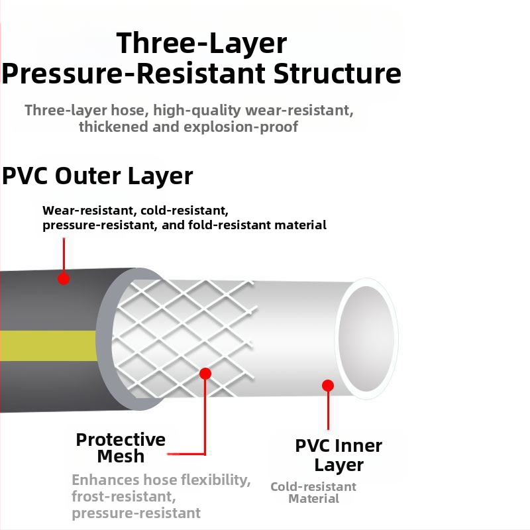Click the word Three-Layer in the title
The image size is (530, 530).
click(x=201, y=43)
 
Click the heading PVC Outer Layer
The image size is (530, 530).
click(x=97, y=176)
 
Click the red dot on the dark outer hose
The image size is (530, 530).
click(x=64, y=279)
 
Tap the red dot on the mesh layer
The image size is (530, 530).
click(x=205, y=374)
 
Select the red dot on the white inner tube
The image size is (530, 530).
click(x=328, y=385)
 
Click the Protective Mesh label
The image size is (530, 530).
click(x=121, y=448)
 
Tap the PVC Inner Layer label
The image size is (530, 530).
click(x=339, y=454)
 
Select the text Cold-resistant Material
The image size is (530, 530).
click(x=313, y=492)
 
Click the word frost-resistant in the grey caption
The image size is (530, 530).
click(x=123, y=496)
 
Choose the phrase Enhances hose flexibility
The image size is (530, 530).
click(x=161, y=480)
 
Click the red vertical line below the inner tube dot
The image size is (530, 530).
click(x=328, y=411)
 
